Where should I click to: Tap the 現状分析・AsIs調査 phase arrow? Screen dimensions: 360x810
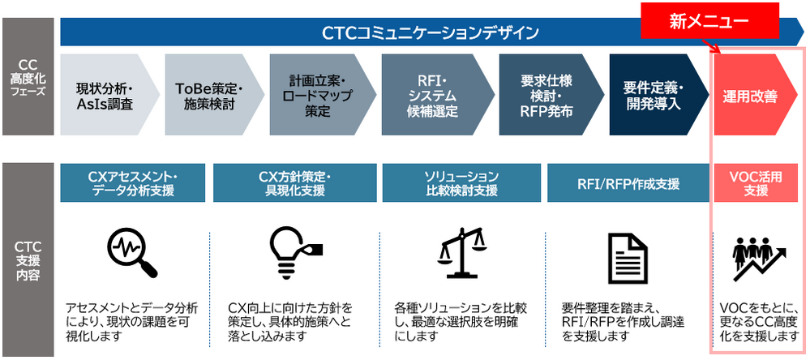click(105, 96)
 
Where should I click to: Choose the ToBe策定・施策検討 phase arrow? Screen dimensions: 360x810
click(209, 96)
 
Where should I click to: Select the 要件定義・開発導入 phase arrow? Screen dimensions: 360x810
click(654, 96)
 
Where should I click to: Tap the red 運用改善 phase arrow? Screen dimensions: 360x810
click(750, 96)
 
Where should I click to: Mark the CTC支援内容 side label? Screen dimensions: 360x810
click(28, 259)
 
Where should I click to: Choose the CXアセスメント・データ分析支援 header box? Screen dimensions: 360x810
click(131, 183)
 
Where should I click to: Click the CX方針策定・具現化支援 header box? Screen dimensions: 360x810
click(294, 183)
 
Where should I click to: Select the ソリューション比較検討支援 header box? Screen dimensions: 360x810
click(461, 183)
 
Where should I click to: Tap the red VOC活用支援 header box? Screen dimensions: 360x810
click(756, 183)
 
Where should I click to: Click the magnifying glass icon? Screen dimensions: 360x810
click(130, 251)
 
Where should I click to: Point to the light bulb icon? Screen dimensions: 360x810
click(293, 251)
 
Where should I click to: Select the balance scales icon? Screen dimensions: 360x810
click(460, 251)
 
